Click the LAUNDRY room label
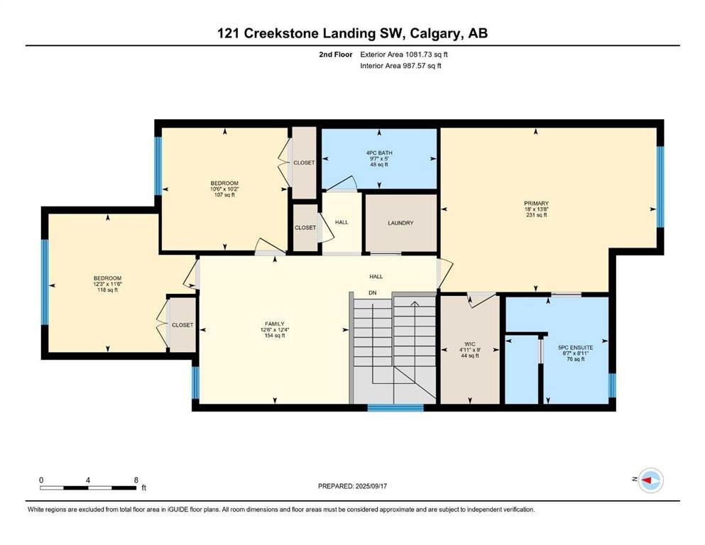click(400, 223)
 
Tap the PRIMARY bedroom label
click(536, 204)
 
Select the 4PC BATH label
click(379, 153)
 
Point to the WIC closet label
click(470, 344)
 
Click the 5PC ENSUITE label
click(576, 347)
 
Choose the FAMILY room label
click(274, 324)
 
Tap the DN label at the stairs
click(372, 293)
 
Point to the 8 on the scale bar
click(136, 480)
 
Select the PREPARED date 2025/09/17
click(371, 486)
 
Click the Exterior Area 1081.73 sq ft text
click(404, 55)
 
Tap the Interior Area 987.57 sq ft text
click(400, 65)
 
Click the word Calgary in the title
click(435, 33)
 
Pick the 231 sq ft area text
click(536, 215)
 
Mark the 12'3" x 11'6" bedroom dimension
click(107, 284)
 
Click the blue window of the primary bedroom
click(660, 187)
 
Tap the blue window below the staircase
click(395, 408)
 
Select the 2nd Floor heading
click(335, 55)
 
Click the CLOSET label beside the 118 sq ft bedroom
click(182, 325)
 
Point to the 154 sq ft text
click(274, 335)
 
